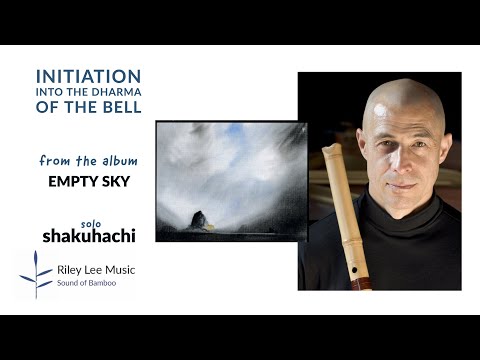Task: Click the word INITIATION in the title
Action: click(88, 76)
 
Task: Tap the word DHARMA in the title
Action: click(114, 94)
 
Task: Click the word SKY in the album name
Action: click(115, 183)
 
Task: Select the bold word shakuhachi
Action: click(88, 237)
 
